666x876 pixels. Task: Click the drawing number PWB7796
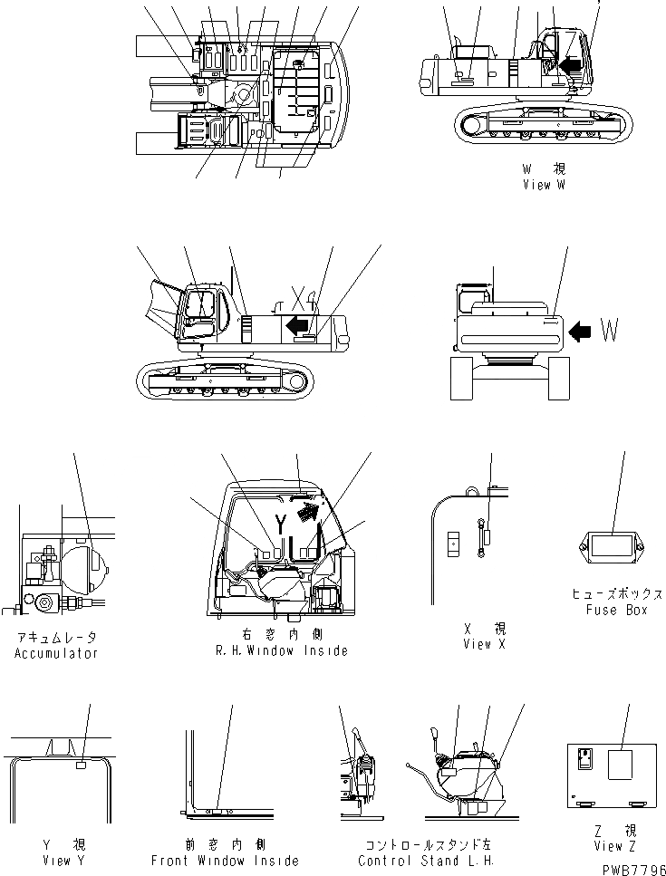[x=631, y=868]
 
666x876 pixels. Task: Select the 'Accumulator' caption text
[x=56, y=653]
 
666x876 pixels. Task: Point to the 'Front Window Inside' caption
[x=225, y=861]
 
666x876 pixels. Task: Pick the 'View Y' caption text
[x=56, y=861]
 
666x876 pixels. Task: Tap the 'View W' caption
[x=550, y=185]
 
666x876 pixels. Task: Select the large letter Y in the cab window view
[x=281, y=524]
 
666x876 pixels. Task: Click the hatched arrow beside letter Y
[x=309, y=514]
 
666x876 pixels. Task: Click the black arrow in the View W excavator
[x=570, y=64]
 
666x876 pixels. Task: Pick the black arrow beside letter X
[x=296, y=324]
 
